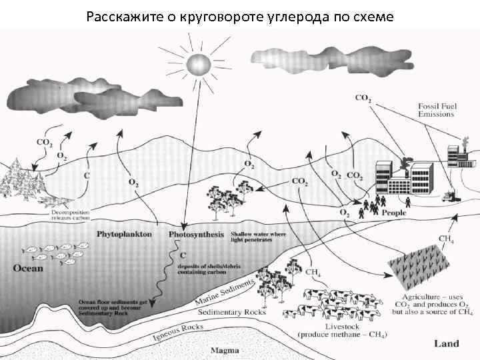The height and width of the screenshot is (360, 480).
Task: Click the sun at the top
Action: pyautogui.click(x=198, y=65)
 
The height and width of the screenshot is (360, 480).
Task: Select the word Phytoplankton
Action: pyautogui.click(x=124, y=235)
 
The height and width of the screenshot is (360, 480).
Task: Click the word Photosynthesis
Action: pyautogui.click(x=195, y=235)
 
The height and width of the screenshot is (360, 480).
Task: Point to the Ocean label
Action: pyautogui.click(x=27, y=269)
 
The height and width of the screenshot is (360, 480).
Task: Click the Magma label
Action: pyautogui.click(x=225, y=349)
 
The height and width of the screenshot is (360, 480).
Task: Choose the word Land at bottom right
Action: pyautogui.click(x=446, y=343)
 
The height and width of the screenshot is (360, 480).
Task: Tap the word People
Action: pyautogui.click(x=394, y=213)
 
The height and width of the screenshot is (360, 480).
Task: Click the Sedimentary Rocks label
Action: pyautogui.click(x=232, y=311)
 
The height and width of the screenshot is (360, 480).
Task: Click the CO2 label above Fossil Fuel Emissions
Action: pyautogui.click(x=363, y=99)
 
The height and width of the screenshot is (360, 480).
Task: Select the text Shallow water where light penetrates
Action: pyautogui.click(x=258, y=239)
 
